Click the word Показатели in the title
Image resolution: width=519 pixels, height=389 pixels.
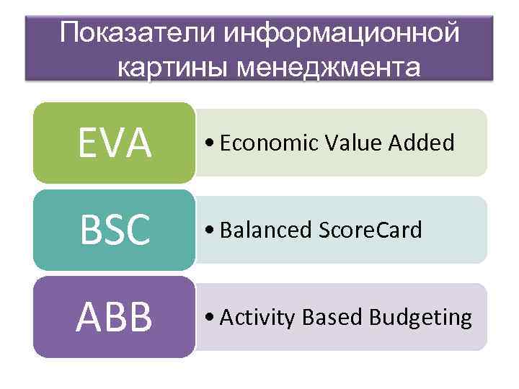[136, 33]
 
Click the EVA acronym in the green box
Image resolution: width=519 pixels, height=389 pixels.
[115, 143]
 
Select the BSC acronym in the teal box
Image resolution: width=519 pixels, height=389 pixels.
[115, 231]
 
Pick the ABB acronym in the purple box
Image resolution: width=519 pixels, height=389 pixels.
[115, 318]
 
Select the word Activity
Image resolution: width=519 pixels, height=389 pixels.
[256, 317]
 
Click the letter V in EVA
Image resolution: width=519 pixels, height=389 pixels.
[115, 143]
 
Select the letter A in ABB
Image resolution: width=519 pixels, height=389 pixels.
[91, 318]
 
